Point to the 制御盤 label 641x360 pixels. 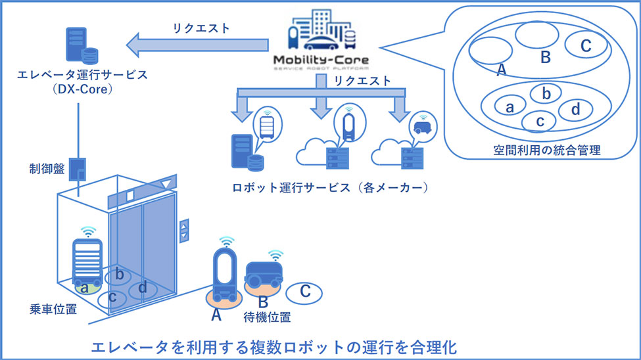click(x=46, y=168)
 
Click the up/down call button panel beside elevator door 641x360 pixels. click(x=184, y=228)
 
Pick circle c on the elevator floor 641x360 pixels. click(x=113, y=298)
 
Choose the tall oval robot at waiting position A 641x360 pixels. click(x=224, y=271)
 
